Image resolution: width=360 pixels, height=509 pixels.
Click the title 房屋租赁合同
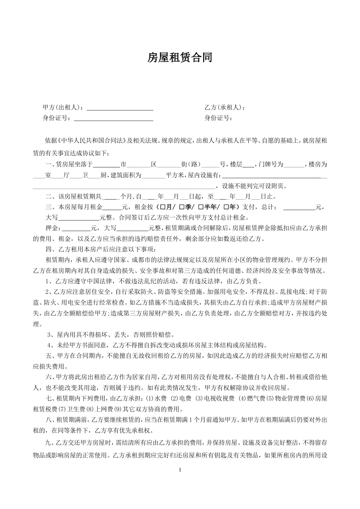(x=180, y=58)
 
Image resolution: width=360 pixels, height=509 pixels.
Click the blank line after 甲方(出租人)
(x=120, y=108)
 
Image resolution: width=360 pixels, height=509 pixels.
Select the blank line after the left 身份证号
(x=113, y=119)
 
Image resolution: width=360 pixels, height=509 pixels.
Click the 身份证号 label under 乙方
(x=218, y=118)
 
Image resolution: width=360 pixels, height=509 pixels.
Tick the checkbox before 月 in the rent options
(x=163, y=207)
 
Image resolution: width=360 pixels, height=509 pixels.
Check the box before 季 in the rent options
(x=182, y=207)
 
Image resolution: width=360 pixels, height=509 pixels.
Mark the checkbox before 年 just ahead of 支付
(x=226, y=207)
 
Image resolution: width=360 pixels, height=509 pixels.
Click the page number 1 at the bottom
(x=180, y=470)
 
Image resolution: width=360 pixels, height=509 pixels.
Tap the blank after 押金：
(x=77, y=229)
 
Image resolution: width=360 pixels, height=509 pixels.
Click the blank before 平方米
(x=153, y=176)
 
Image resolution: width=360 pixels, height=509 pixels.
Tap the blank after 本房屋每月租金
(x=112, y=208)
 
